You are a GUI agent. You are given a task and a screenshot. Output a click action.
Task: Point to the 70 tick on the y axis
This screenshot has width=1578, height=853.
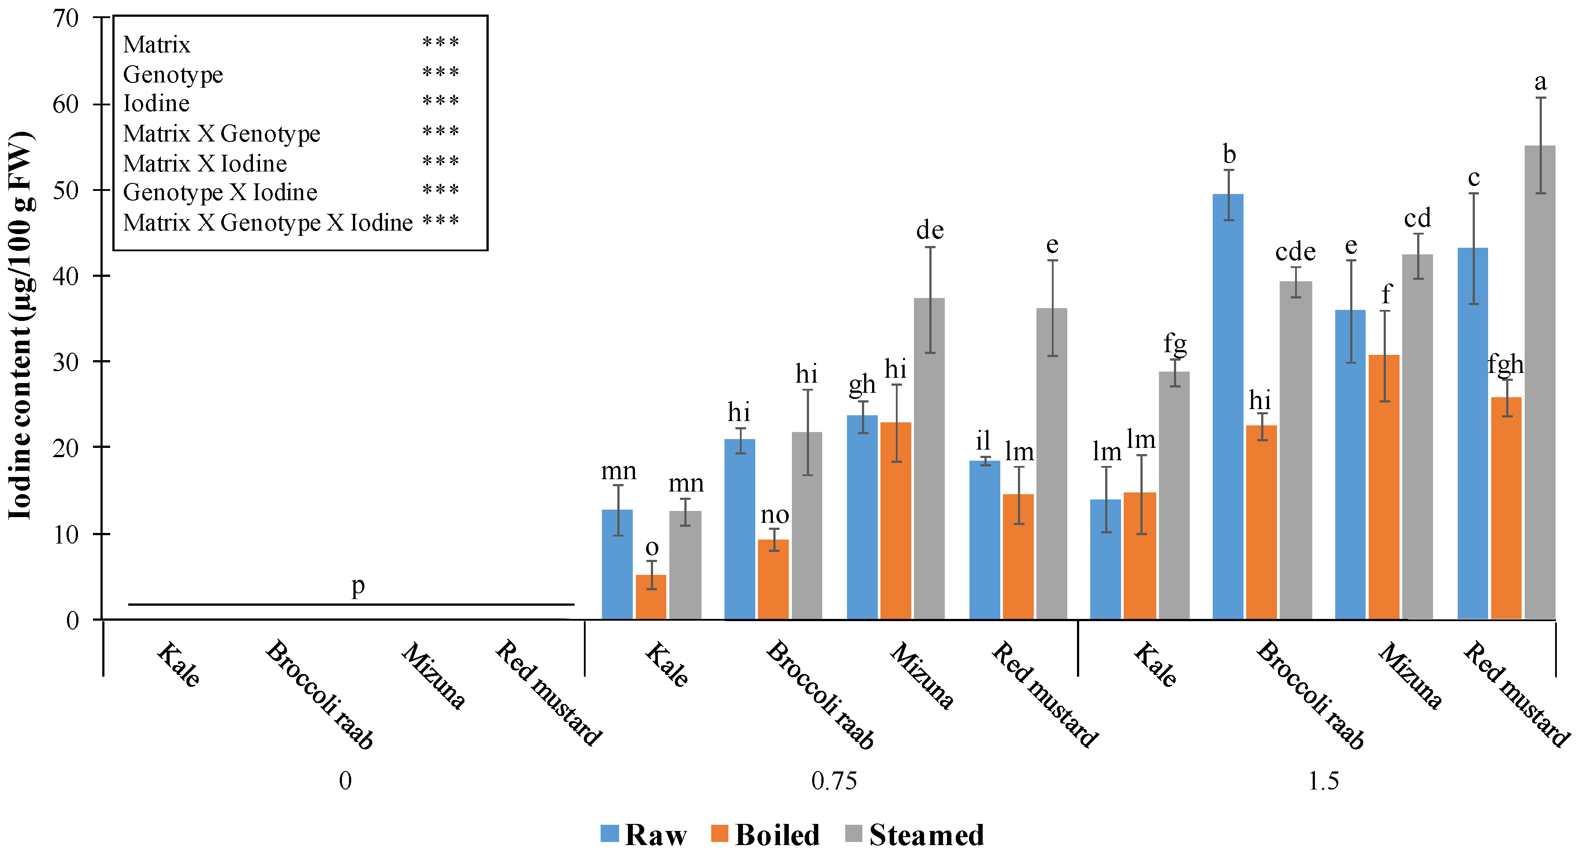[x=66, y=19]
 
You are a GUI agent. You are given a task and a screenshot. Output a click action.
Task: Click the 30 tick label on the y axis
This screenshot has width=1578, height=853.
[x=66, y=362]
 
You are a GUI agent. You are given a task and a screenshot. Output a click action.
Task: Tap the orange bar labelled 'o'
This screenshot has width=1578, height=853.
[x=650, y=597]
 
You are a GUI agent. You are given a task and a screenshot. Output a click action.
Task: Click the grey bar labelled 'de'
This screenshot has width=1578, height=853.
[x=928, y=460]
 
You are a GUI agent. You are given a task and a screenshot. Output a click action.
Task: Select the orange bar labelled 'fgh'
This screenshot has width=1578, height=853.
[x=1506, y=509]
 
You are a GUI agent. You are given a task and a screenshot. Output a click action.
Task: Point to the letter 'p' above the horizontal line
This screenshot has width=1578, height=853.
[x=358, y=586]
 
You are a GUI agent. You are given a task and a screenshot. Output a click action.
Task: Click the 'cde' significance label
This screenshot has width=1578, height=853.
[x=1295, y=252]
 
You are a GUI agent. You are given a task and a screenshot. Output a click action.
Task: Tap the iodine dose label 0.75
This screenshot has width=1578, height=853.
[x=833, y=781]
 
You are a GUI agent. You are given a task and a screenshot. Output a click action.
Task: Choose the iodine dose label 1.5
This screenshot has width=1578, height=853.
[x=1323, y=781]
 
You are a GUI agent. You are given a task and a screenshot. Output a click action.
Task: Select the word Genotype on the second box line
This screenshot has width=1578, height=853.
[x=173, y=74]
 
